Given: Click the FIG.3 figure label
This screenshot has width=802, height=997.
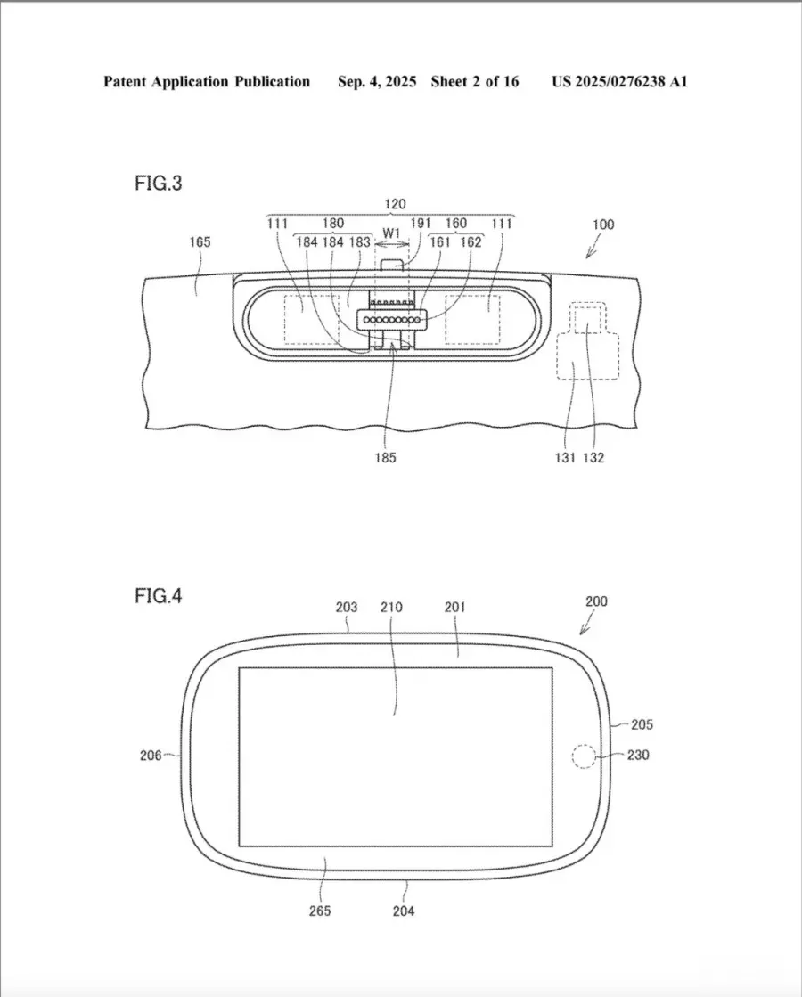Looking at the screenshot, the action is pyautogui.click(x=159, y=184).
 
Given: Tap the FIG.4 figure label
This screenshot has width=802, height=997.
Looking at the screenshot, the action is pyautogui.click(x=159, y=596).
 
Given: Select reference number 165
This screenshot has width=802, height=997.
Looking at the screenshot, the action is pyautogui.click(x=200, y=242).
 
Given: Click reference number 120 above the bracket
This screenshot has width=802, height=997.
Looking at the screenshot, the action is pyautogui.click(x=395, y=204).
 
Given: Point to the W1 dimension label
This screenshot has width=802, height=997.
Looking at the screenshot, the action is pyautogui.click(x=391, y=233).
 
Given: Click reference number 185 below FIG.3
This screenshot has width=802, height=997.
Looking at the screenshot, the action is pyautogui.click(x=386, y=457).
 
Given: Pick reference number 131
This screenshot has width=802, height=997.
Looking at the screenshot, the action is pyautogui.click(x=565, y=458).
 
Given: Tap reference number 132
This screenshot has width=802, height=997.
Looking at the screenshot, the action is pyautogui.click(x=593, y=458).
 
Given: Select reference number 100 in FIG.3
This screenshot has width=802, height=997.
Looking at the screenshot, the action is pyautogui.click(x=603, y=225).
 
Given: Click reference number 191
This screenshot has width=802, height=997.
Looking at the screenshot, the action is pyautogui.click(x=421, y=223).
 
